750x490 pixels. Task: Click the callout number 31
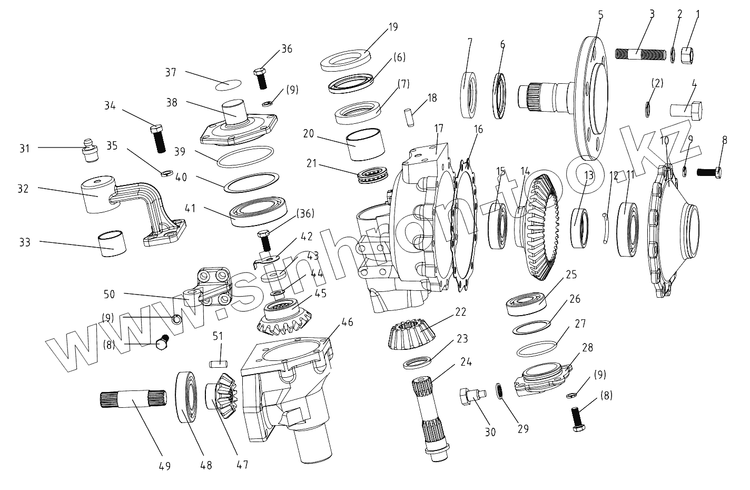pos(25,149)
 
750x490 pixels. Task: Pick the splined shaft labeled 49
pos(132,399)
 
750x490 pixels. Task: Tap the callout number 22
pos(461,311)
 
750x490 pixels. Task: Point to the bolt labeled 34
pos(158,138)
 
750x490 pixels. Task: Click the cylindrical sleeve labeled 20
pos(361,144)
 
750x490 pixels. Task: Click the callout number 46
pos(347,320)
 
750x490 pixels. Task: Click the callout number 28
pos(586,348)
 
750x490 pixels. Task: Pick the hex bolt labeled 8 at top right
pos(709,172)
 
